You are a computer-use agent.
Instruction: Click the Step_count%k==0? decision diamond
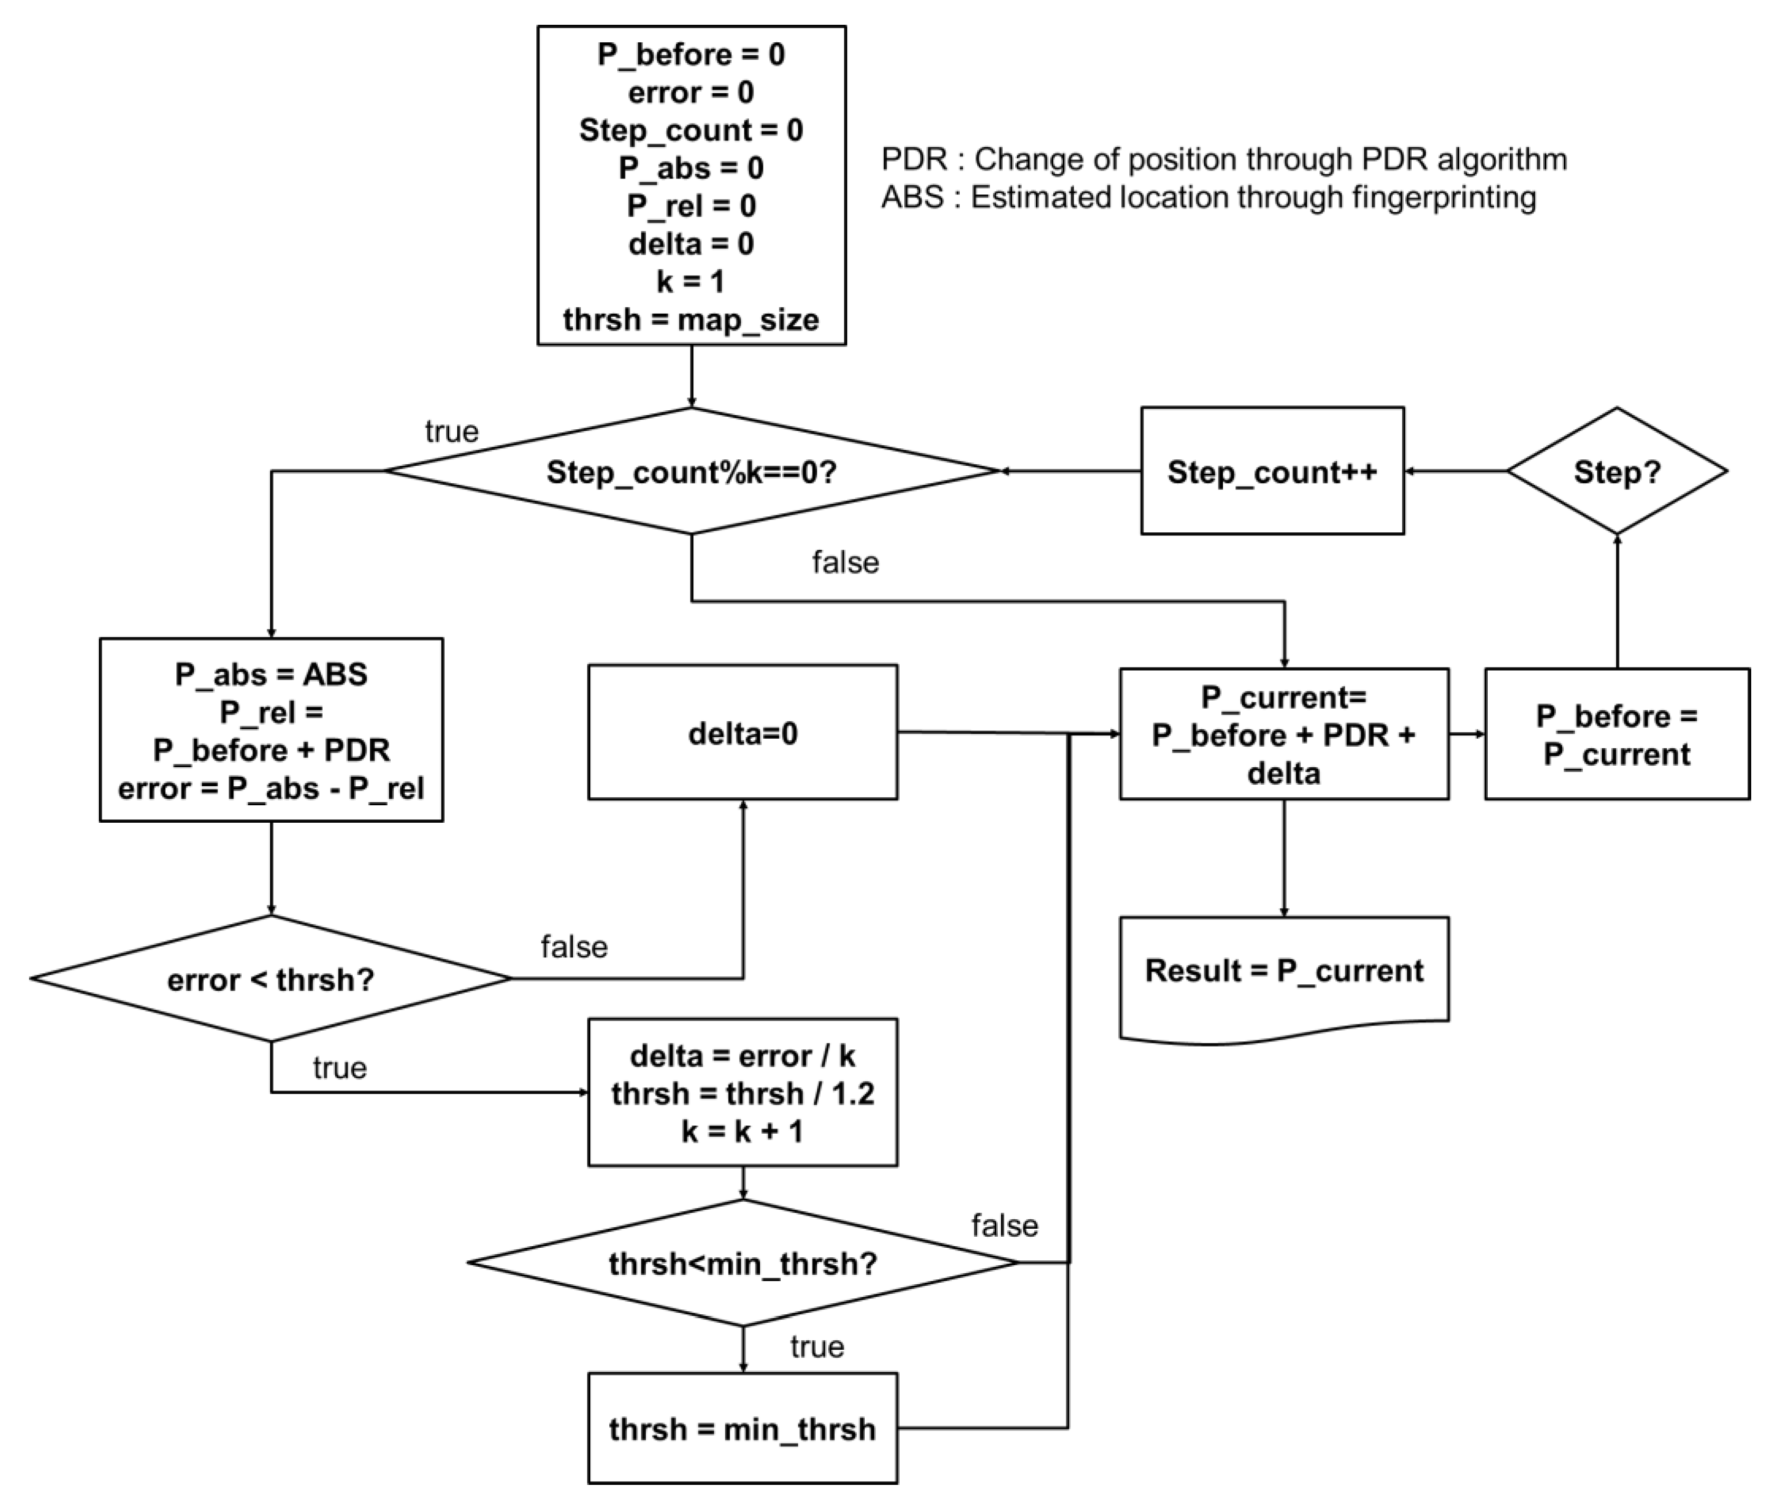pyautogui.click(x=691, y=471)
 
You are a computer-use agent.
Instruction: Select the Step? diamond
pyautogui.click(x=1617, y=471)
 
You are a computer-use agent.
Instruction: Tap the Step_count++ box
pyautogui.click(x=1272, y=471)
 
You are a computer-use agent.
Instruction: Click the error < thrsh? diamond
pyautogui.click(x=270, y=979)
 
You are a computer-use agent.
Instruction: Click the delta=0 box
pyautogui.click(x=742, y=732)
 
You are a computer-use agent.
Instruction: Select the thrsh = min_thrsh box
pyautogui.click(x=742, y=1428)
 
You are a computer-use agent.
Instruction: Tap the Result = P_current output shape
pyautogui.click(x=1283, y=971)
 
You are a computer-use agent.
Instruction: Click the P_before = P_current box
pyautogui.click(x=1617, y=734)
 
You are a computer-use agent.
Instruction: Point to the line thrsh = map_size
pyautogui.click(x=691, y=319)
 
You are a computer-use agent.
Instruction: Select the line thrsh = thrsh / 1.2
pyautogui.click(x=742, y=1094)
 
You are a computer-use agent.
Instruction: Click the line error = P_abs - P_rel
pyautogui.click(x=270, y=788)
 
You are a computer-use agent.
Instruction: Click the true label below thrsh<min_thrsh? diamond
pyautogui.click(x=817, y=1347)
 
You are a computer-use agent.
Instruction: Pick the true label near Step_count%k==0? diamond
pyautogui.click(x=451, y=431)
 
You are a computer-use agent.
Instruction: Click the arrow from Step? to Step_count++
pyautogui.click(x=1455, y=470)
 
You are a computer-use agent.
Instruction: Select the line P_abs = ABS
pyautogui.click(x=270, y=674)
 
